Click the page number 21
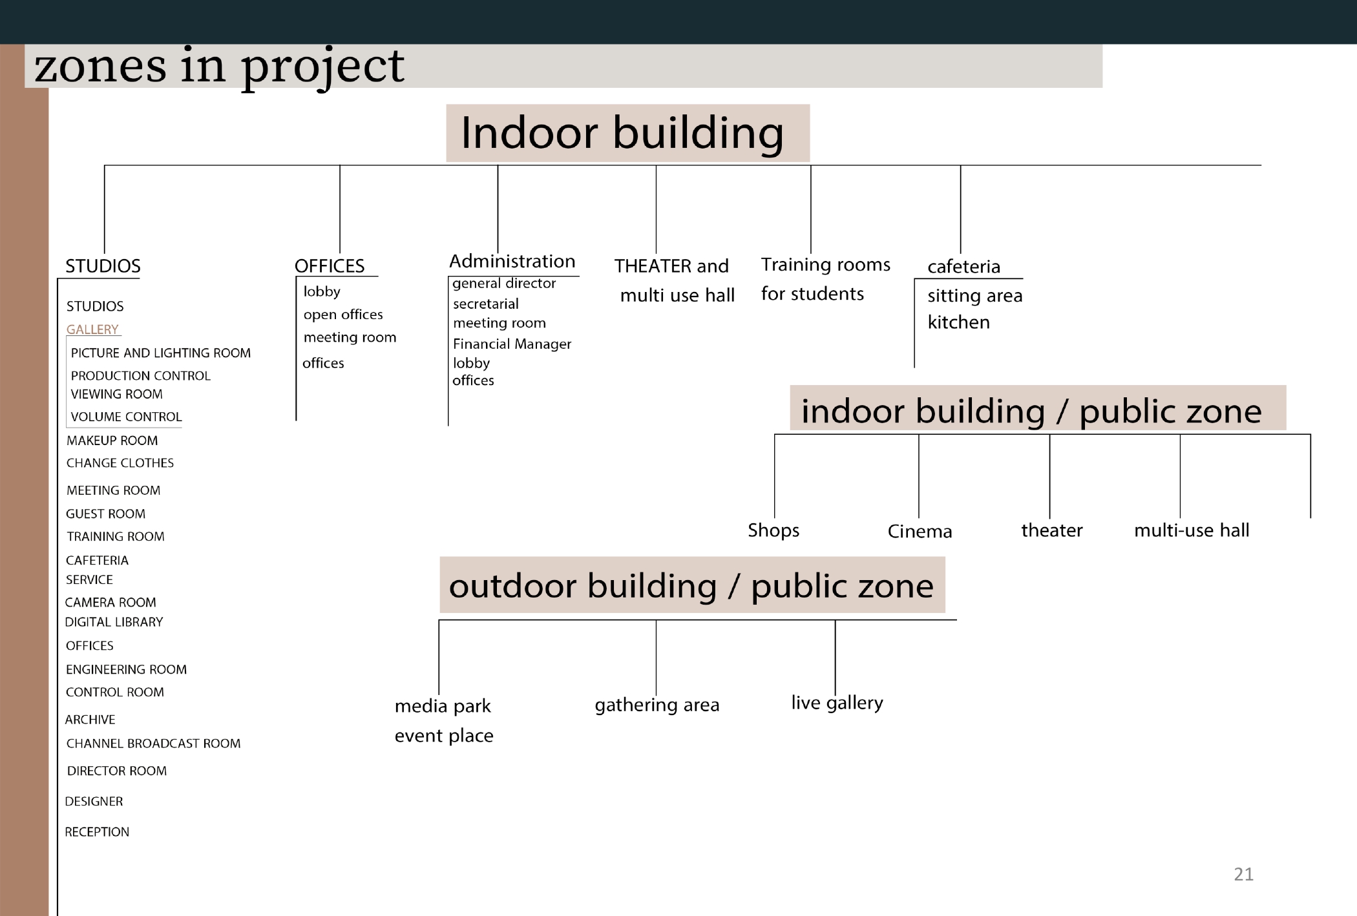coord(1243,874)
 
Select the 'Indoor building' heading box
coord(627,133)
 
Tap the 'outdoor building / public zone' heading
coord(692,585)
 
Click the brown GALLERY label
coord(92,329)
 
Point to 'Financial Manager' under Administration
coord(512,344)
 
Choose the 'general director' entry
coord(504,284)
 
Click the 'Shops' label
coord(773,530)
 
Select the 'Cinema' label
coord(920,532)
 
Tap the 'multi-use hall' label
coord(1192,530)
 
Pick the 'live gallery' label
coord(837,703)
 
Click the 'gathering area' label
coord(657,705)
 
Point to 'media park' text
coord(443,706)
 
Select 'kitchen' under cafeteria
coord(958,322)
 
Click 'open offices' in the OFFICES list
coord(343,315)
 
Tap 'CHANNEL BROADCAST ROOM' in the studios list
coord(153,744)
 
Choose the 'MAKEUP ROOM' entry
coord(112,441)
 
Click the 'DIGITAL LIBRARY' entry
coord(114,622)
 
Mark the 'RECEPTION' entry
coord(97,832)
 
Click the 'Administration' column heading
coord(512,261)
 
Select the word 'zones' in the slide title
coord(100,67)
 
